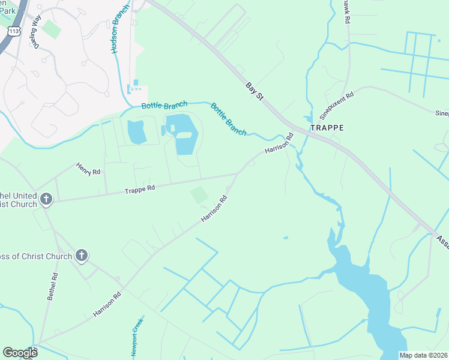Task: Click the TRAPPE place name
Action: [327, 128]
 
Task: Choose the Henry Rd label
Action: [88, 170]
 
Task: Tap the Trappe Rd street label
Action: [140, 188]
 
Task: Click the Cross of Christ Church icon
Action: [82, 256]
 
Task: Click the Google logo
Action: [20, 353]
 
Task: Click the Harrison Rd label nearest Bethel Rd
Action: [107, 304]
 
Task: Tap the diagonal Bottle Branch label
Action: [228, 119]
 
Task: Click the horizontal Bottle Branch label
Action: [164, 105]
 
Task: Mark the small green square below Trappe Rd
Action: [199, 195]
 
